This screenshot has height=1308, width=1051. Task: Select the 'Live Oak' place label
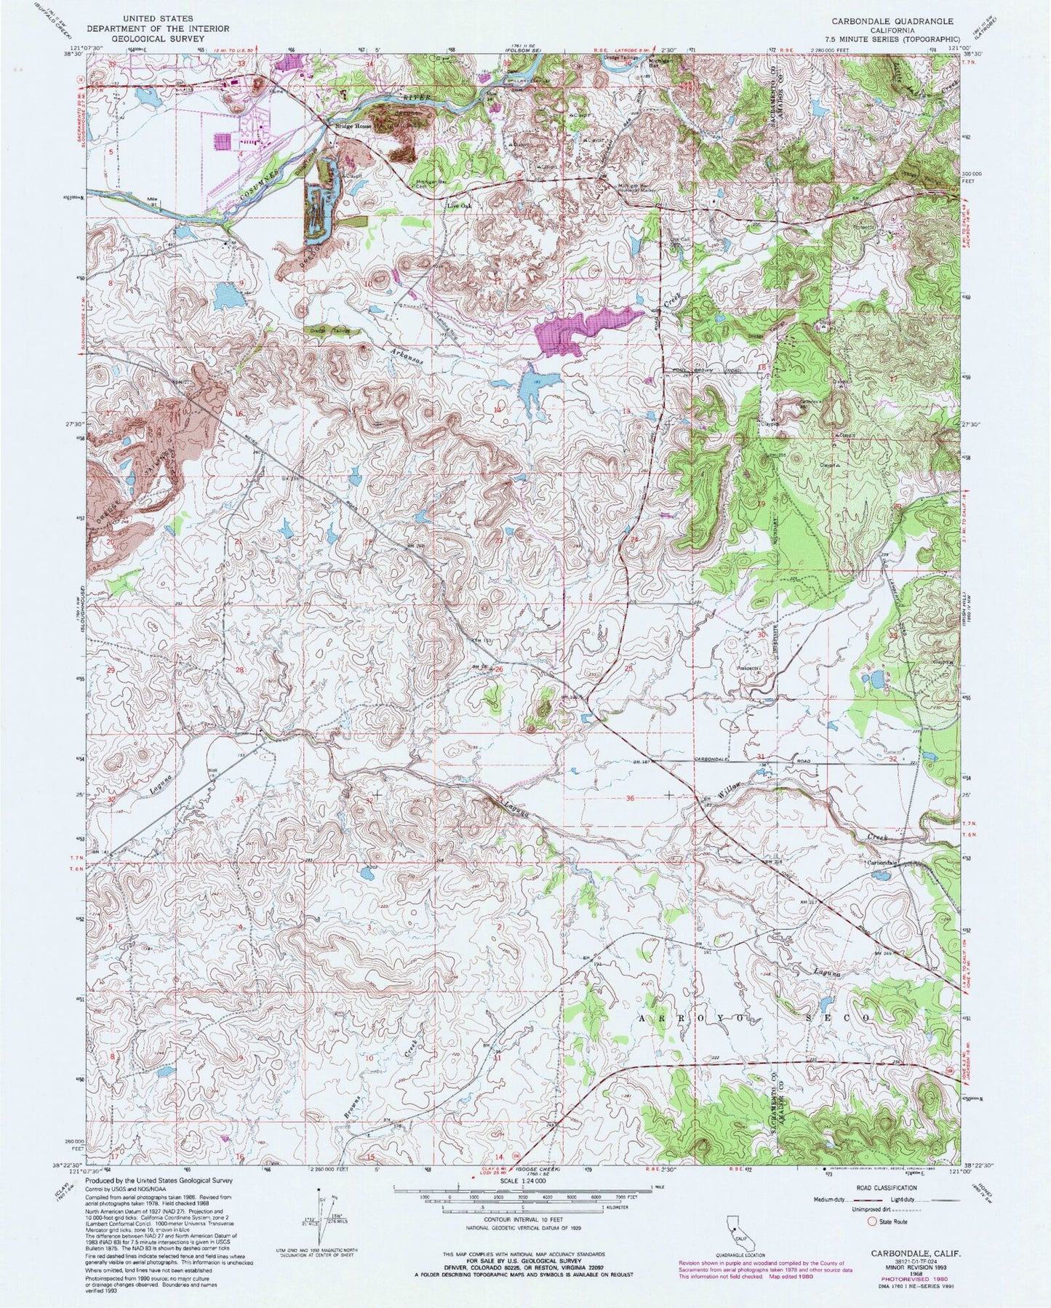pos(460,204)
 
